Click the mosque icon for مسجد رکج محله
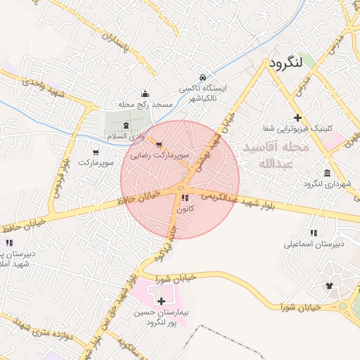[146, 94]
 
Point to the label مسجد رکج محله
[146, 105]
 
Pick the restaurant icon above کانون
[184, 198]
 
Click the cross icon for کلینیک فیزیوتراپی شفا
[298, 117]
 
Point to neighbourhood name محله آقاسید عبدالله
[275, 155]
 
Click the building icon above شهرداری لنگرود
[327, 173]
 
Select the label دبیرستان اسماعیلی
[313, 245]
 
